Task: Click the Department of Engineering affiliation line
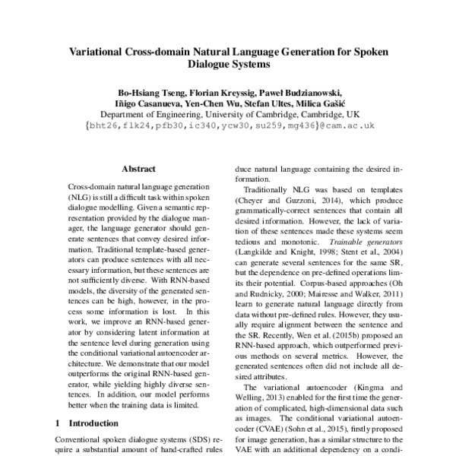pyautogui.click(x=228, y=115)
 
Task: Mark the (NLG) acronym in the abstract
pyautogui.click(x=81, y=195)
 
